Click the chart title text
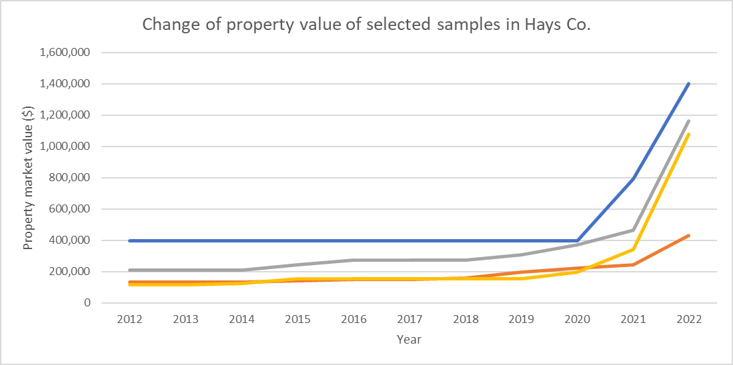point(367,25)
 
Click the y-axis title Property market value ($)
point(28,178)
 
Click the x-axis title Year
point(409,340)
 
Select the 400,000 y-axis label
point(71,240)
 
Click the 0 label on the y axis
point(87,303)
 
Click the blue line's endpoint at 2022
point(688,83)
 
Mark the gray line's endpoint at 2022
point(688,121)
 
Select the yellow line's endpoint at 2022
point(688,135)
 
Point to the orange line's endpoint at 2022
point(688,235)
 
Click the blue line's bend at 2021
point(632,179)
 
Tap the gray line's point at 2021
point(632,230)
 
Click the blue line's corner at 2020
point(577,240)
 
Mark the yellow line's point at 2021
point(632,250)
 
